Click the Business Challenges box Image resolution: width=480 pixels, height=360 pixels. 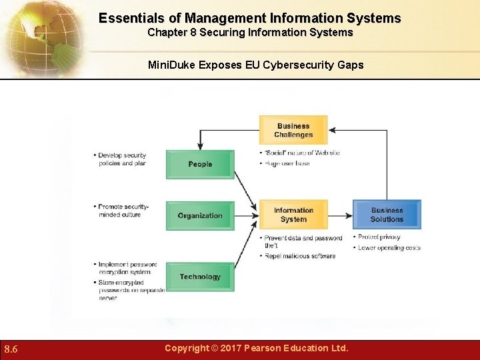(x=293, y=130)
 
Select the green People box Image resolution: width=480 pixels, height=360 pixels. (x=200, y=165)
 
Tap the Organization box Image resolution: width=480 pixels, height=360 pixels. (x=200, y=215)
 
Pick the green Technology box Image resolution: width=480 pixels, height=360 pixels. (x=200, y=277)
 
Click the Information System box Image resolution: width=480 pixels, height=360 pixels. (x=293, y=215)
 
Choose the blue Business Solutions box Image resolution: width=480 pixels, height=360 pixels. (x=387, y=215)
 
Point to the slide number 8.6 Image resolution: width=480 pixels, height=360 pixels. (x=11, y=349)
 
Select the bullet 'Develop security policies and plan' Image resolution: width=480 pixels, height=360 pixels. (x=122, y=159)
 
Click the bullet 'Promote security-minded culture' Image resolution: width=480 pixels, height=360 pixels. (x=123, y=211)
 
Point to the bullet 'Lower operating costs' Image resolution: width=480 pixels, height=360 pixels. (x=389, y=247)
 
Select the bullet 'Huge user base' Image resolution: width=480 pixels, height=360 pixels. (x=287, y=163)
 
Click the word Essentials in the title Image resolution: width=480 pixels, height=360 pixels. (x=129, y=18)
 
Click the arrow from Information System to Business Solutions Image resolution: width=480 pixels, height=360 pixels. (x=340, y=215)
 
